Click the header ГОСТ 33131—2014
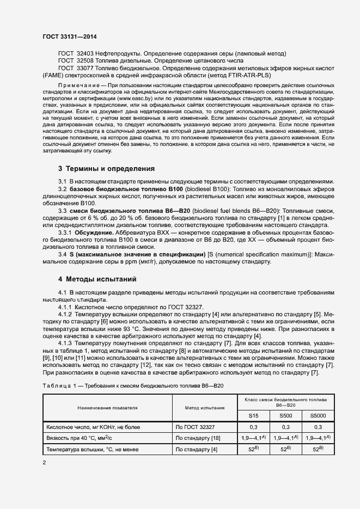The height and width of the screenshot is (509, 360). click(70, 36)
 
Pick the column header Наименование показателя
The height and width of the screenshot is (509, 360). click(107, 407)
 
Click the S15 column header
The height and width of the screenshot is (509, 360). click(253, 415)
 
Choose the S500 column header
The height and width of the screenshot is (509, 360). click(285, 415)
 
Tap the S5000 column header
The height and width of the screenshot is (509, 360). click(318, 415)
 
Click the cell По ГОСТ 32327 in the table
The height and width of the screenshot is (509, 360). click(195, 427)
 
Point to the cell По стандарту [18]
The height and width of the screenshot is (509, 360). click(198, 438)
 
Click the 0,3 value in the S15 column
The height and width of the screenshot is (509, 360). click(253, 427)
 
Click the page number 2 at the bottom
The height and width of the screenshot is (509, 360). click(44, 463)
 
